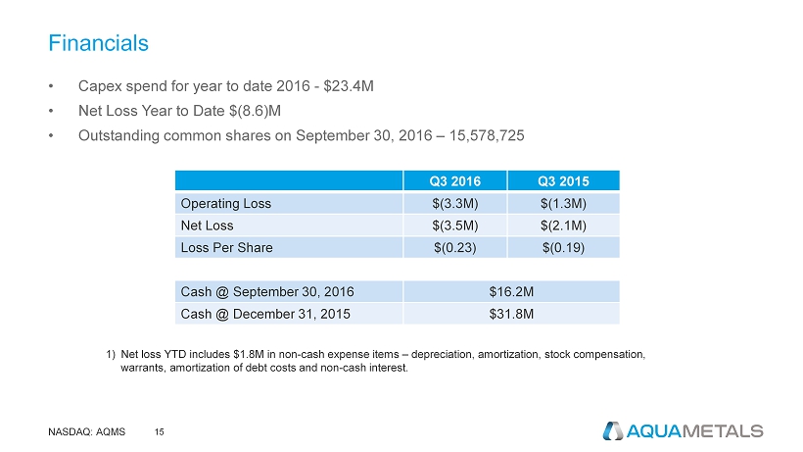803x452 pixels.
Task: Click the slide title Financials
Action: click(99, 43)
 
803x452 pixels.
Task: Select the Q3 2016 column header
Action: click(454, 180)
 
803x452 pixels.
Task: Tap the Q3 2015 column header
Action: click(563, 180)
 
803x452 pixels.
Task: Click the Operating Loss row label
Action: click(225, 204)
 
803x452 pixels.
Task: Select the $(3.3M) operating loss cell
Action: click(454, 204)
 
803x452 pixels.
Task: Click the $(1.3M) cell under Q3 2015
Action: click(563, 204)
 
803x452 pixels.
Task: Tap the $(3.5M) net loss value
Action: click(454, 226)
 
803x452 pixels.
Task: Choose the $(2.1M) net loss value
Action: click(563, 226)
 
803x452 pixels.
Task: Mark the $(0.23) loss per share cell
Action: click(454, 248)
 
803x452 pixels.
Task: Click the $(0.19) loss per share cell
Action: click(563, 248)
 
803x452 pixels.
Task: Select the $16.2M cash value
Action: click(510, 291)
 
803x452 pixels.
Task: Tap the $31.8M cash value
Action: click(510, 314)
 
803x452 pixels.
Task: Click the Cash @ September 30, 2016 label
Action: click(266, 291)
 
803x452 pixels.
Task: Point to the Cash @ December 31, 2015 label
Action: click(263, 314)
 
